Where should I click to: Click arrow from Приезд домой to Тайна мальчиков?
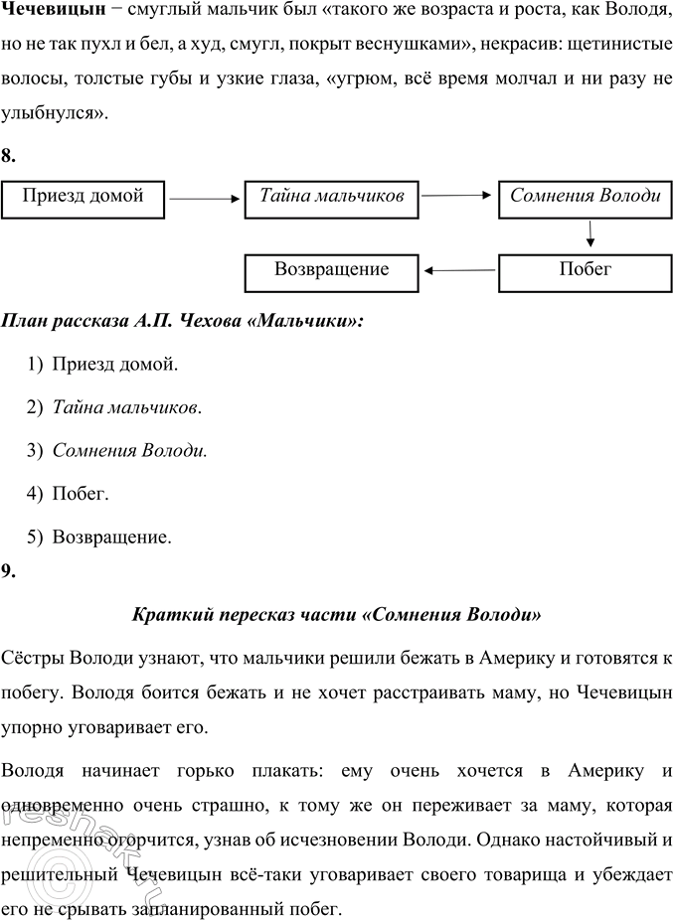pos(205,200)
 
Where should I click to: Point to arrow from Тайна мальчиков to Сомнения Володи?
pos(458,197)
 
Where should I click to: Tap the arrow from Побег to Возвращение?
pos(458,269)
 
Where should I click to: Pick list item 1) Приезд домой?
pos(104,365)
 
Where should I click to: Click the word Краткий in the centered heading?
pos(169,615)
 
